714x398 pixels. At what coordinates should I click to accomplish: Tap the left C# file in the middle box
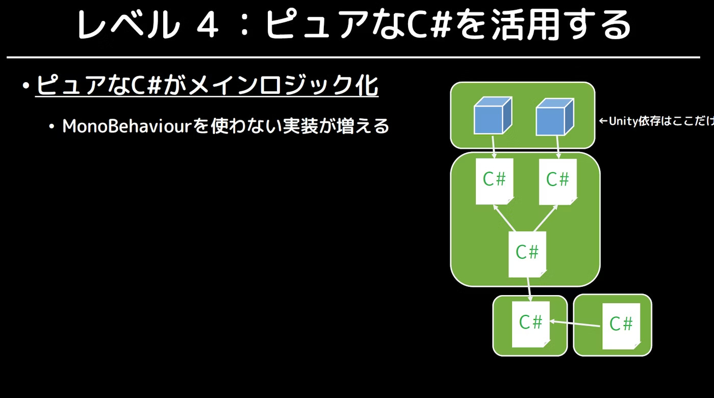494,180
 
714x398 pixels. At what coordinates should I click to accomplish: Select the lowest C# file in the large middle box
527,253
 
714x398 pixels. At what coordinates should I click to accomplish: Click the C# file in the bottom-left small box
530,323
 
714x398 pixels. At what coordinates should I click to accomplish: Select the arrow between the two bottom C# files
575,323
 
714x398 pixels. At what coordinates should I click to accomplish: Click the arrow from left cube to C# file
494,147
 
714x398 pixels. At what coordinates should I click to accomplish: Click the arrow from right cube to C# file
558,147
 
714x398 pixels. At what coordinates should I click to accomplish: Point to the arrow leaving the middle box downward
529,288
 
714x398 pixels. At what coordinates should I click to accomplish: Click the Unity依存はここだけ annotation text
655,122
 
